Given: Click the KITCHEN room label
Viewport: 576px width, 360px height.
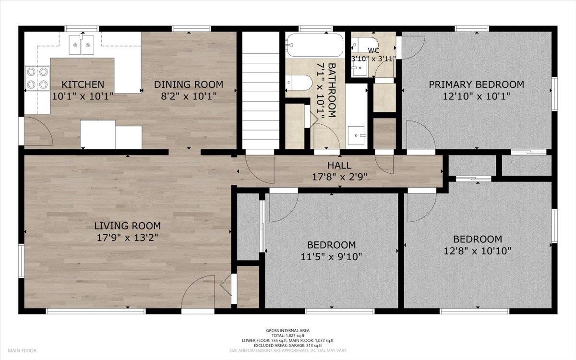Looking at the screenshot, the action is click(83, 84).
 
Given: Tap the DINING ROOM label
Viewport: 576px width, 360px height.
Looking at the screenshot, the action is click(189, 84).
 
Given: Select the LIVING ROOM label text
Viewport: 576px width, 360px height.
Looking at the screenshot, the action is click(128, 226).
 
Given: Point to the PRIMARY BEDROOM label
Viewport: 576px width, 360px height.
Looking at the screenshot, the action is click(476, 84).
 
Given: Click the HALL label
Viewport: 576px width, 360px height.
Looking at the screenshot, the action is click(339, 165).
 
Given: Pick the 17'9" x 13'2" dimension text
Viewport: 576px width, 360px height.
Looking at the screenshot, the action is click(128, 238).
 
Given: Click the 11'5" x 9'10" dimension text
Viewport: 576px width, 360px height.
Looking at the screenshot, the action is click(332, 257).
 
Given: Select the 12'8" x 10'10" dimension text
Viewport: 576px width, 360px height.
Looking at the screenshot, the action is click(478, 251).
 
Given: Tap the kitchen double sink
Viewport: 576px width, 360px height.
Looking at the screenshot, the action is click(81, 45).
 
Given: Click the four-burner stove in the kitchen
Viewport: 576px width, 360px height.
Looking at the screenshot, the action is click(37, 78).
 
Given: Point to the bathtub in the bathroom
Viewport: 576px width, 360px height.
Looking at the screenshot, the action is click(315, 45).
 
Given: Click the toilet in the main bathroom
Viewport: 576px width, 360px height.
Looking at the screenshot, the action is click(299, 83).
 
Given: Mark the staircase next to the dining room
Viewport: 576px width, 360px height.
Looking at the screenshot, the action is click(261, 90).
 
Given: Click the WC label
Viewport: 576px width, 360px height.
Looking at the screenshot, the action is click(373, 50).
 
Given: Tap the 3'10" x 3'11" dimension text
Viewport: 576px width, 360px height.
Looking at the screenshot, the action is click(373, 59).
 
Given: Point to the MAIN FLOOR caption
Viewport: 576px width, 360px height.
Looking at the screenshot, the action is click(22, 350).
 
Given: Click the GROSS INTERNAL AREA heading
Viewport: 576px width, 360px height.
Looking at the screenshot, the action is click(288, 331).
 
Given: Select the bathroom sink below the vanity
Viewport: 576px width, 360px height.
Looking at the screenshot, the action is click(356, 135).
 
